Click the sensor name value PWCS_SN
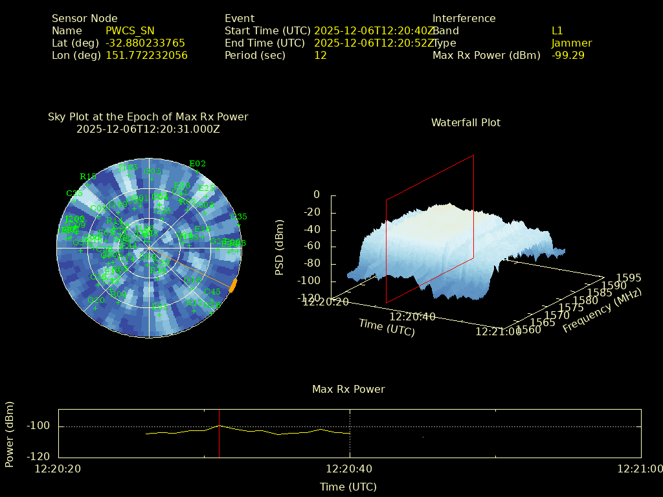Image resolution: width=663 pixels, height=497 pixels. (x=130, y=30)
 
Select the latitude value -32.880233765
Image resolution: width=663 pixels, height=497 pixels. (x=145, y=43)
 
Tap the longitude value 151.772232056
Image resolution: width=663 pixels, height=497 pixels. (x=146, y=55)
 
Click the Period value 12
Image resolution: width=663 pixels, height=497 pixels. (x=320, y=55)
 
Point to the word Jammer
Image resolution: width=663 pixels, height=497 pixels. (x=572, y=43)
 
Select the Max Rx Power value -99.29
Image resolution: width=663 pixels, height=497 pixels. (x=568, y=55)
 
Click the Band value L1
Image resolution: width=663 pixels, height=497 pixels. (x=557, y=30)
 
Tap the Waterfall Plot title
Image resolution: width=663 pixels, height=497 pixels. (x=466, y=122)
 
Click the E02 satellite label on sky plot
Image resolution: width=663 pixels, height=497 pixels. (x=197, y=164)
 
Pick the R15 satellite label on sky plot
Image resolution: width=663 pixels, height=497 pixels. (x=88, y=176)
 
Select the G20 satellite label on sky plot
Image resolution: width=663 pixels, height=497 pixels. (x=96, y=300)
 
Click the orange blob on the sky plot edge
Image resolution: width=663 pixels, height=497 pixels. (x=233, y=285)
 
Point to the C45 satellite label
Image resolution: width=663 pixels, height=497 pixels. (x=212, y=292)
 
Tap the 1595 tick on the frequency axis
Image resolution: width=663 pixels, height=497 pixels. (x=629, y=278)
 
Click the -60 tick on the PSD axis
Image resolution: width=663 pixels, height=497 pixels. (x=312, y=247)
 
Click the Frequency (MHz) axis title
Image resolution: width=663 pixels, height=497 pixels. (x=602, y=311)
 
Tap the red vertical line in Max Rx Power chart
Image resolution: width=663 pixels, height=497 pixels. (x=219, y=434)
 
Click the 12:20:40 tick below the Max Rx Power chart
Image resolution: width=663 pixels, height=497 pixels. (x=349, y=469)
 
